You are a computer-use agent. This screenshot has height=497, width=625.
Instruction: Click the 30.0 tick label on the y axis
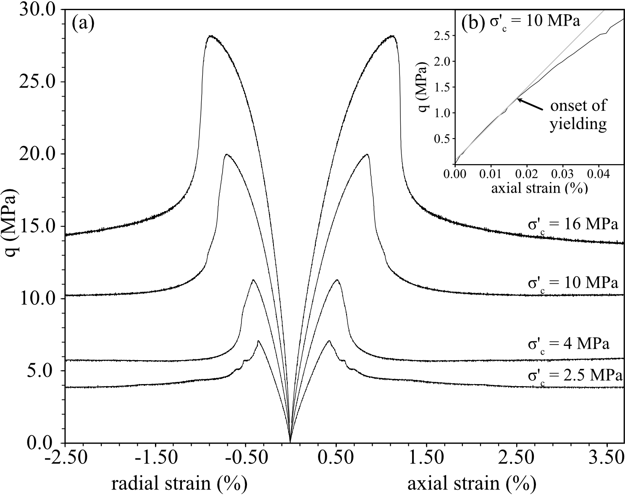point(37,9)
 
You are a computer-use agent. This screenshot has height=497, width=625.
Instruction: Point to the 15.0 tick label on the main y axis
point(37,226)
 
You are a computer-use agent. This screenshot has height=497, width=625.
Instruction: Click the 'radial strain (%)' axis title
point(179,484)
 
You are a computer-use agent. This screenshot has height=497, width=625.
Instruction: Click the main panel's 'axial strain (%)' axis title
point(472,484)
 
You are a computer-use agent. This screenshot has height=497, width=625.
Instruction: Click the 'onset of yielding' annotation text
point(578,114)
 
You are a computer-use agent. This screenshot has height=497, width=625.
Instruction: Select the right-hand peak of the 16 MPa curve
point(392,36)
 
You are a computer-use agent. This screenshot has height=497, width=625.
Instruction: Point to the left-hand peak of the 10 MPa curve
point(226,154)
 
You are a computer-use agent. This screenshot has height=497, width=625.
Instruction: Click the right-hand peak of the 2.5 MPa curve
point(329,341)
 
